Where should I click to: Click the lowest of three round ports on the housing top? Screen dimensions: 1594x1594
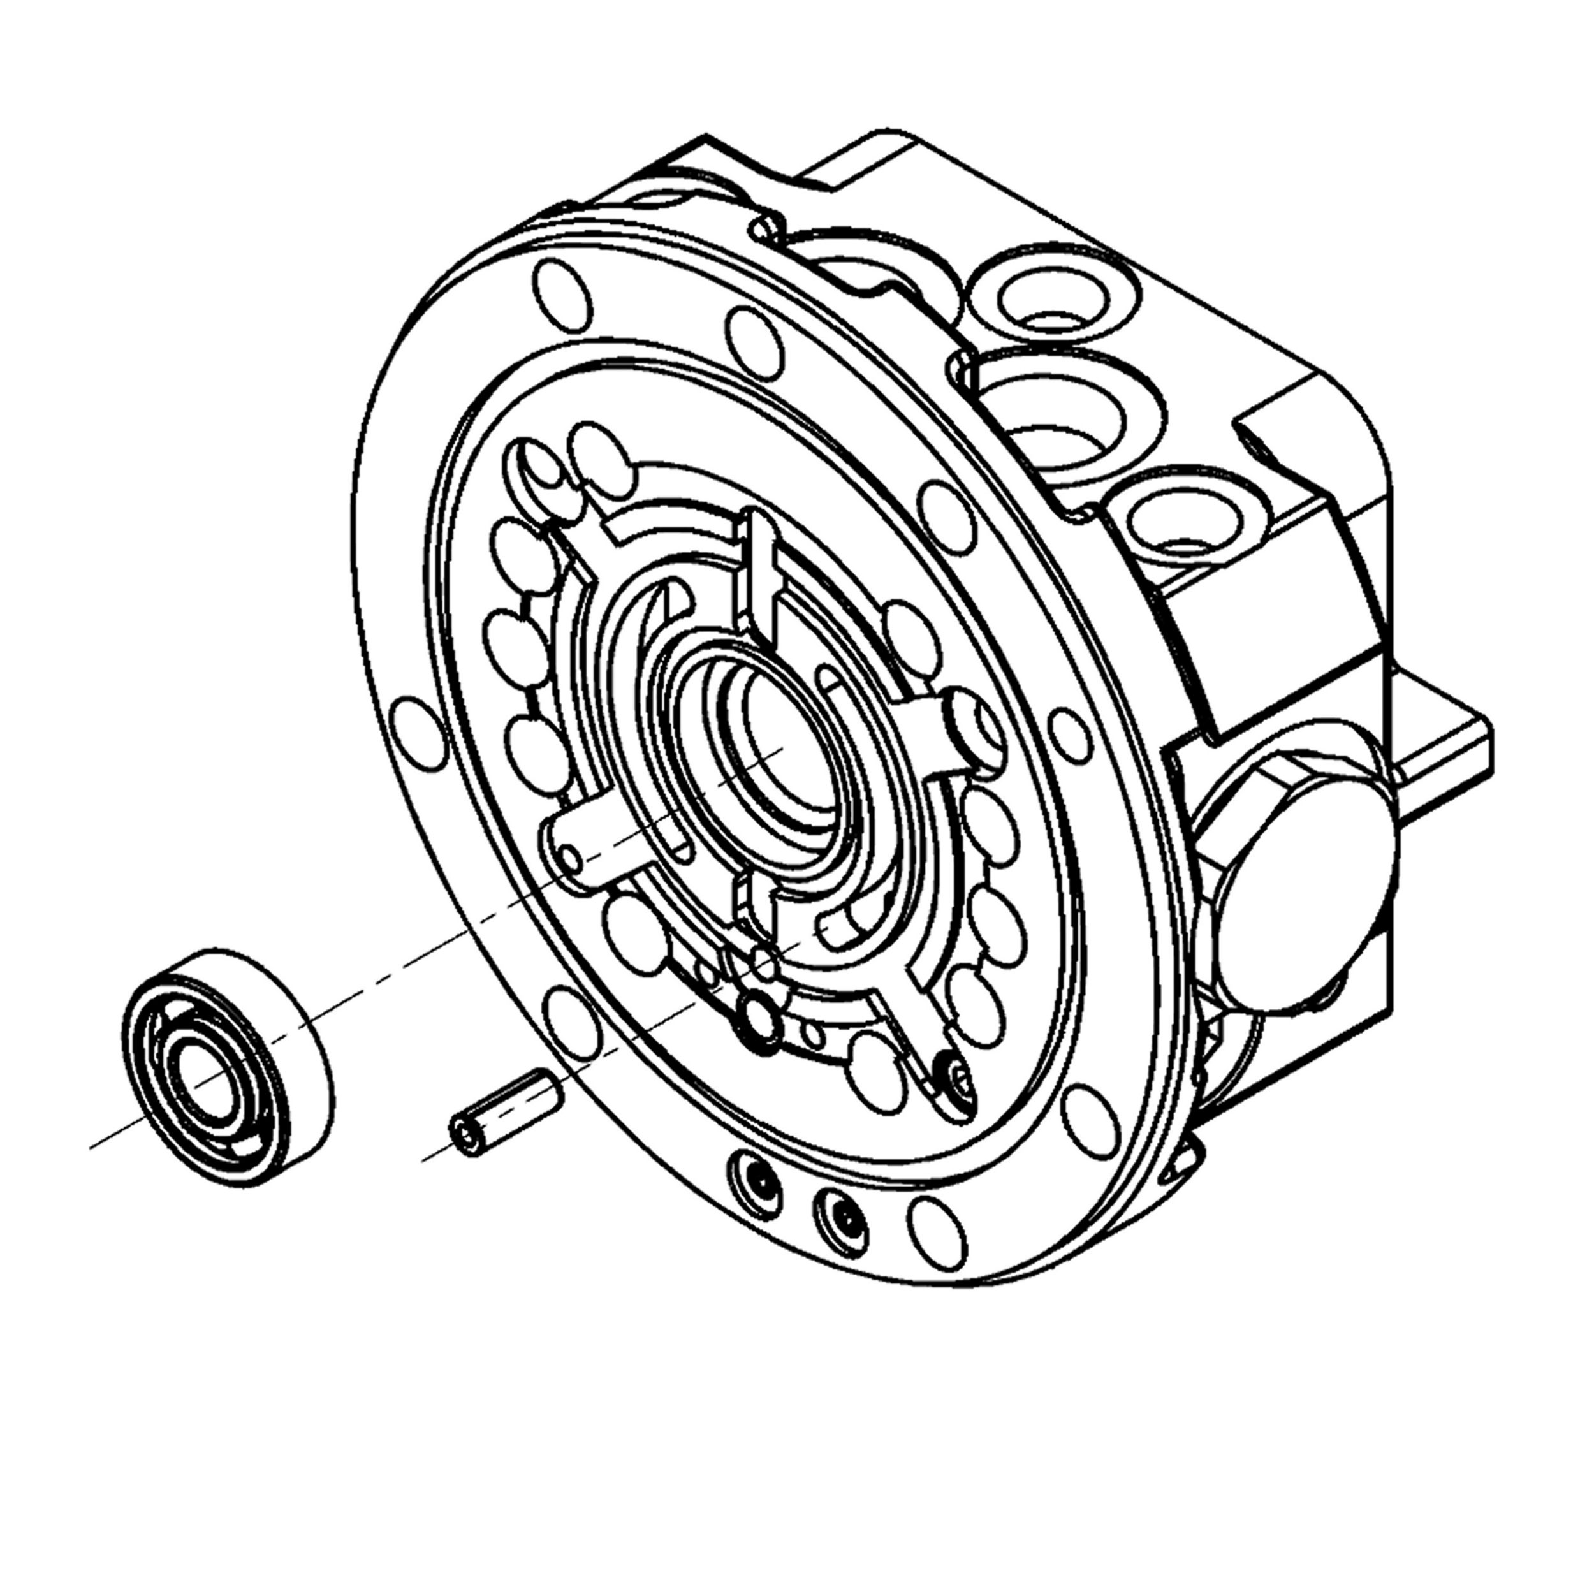coord(1181,522)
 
